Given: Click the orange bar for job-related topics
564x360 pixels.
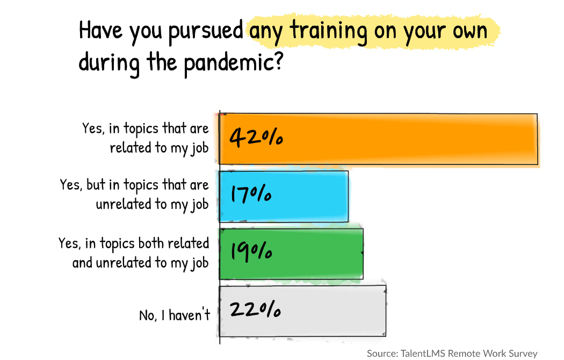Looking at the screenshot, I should point(379,139).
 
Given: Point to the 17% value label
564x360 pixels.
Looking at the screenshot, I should point(250,194).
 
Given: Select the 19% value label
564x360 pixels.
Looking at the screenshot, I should point(251,251).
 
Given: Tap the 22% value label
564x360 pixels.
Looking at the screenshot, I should point(255,309).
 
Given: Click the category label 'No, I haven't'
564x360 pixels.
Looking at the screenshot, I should point(175,315).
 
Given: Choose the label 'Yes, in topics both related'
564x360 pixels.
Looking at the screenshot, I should point(134,243).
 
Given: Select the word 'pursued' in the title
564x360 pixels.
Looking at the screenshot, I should point(204,32).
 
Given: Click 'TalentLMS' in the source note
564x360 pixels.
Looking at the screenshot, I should point(422,353).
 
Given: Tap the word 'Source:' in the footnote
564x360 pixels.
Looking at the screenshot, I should point(382,353).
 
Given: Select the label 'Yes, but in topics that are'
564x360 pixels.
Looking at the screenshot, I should point(134,185).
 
